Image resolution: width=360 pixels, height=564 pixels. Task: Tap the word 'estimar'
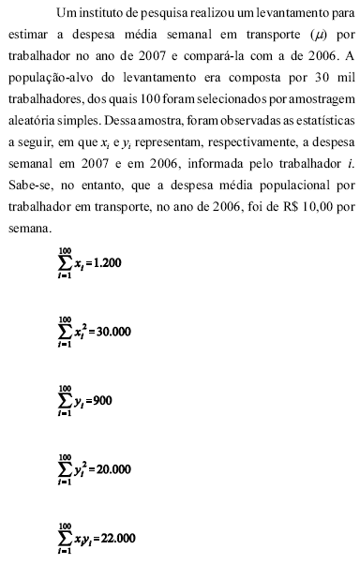click(x=27, y=36)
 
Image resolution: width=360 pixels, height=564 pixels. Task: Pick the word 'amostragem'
click(x=318, y=100)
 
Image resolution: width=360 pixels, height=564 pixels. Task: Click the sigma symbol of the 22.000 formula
click(x=66, y=538)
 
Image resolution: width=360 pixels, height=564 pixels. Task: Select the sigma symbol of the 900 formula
click(x=66, y=400)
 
